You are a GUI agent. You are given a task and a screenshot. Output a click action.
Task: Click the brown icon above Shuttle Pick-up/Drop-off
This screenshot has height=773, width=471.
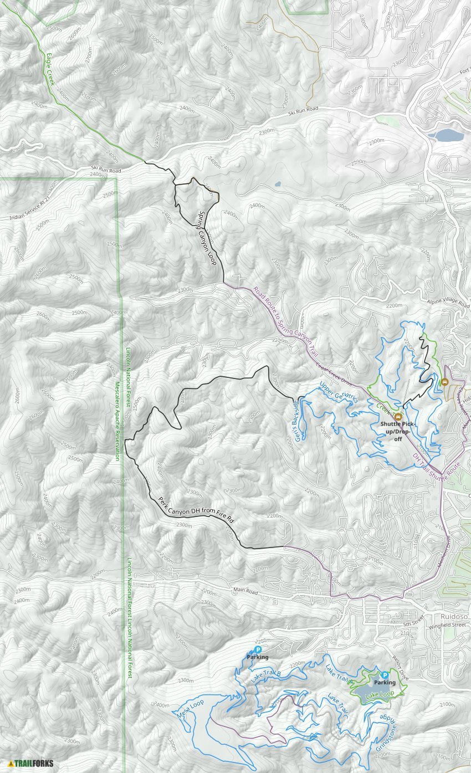point(398,416)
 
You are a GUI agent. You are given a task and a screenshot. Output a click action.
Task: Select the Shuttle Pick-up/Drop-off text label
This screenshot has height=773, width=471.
point(398,428)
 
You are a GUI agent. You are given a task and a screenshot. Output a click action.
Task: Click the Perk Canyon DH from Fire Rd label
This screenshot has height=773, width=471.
point(196,510)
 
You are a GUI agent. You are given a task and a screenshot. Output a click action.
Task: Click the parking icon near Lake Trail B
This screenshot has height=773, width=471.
point(258,649)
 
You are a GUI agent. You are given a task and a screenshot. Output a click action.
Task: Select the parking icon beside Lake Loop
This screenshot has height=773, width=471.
point(385,675)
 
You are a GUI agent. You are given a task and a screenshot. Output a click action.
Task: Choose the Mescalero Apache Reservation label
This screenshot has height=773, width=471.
point(117,421)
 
